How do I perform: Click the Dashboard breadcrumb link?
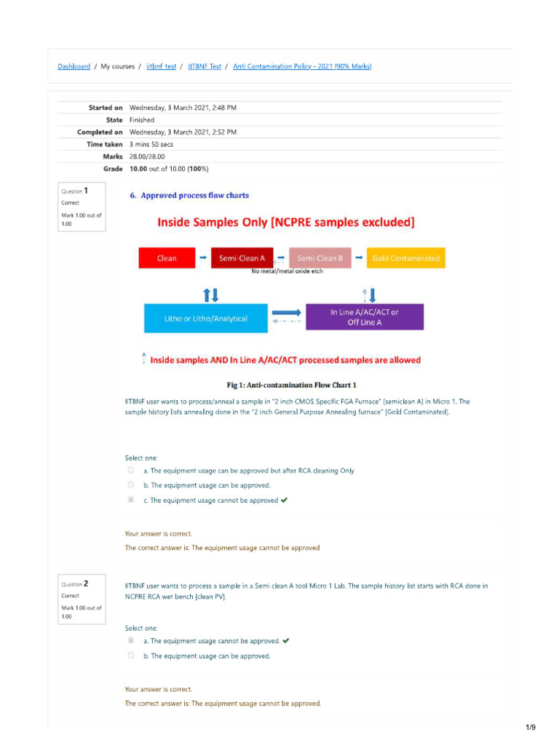pyautogui.click(x=74, y=66)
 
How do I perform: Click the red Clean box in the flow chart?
pyautogui.click(x=167, y=258)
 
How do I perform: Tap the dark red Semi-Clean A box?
pyautogui.click(x=242, y=258)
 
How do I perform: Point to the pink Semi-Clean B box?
pyautogui.click(x=320, y=258)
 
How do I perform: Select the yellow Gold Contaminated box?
pyautogui.click(x=405, y=258)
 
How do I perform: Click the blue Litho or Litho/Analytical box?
pyautogui.click(x=205, y=318)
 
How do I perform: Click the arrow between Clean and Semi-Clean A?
pyautogui.click(x=202, y=258)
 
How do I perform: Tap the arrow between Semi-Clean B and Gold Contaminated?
pyautogui.click(x=359, y=258)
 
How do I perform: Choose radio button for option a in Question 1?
pyautogui.click(x=131, y=471)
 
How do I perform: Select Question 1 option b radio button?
pyautogui.click(x=131, y=485)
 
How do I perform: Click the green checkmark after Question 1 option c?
pyautogui.click(x=284, y=500)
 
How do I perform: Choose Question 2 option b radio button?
pyautogui.click(x=131, y=656)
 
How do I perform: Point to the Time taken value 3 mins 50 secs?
pyautogui.click(x=151, y=144)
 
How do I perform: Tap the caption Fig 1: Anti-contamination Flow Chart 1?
pyautogui.click(x=291, y=385)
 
